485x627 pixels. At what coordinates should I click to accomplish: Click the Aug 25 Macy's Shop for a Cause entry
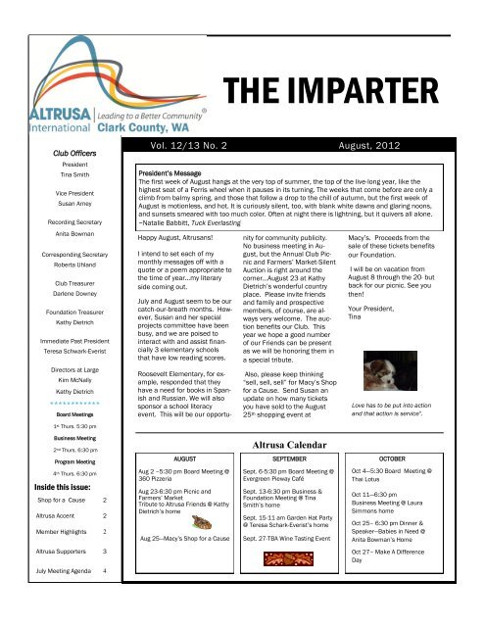tap(192, 566)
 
